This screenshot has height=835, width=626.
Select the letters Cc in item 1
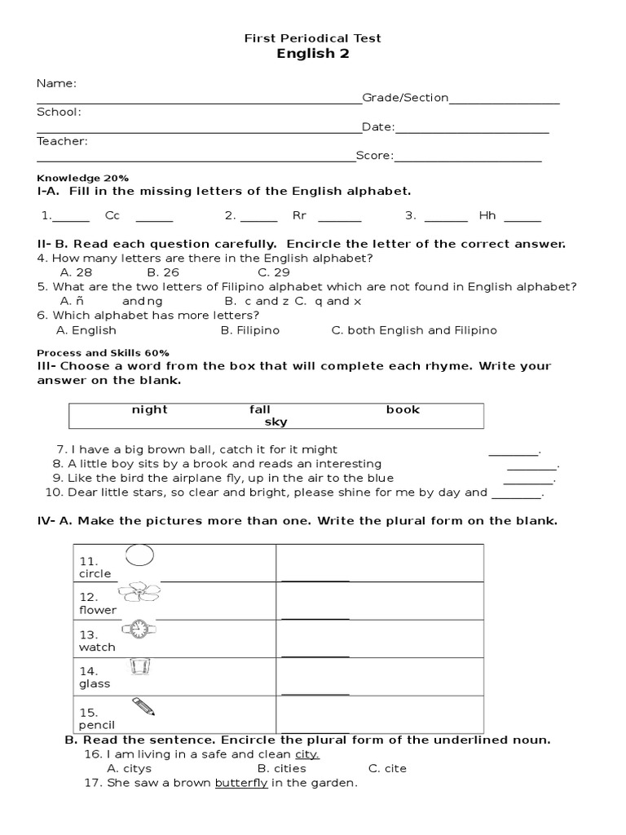click(112, 216)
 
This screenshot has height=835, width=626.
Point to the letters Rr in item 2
click(299, 216)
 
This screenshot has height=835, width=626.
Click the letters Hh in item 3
click(487, 216)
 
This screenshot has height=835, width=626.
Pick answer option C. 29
click(274, 272)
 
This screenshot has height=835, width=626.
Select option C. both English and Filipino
click(414, 330)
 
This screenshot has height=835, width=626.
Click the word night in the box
click(149, 409)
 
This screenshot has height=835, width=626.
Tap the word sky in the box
click(276, 422)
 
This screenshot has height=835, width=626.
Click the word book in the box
click(403, 409)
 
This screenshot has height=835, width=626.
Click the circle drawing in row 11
click(139, 555)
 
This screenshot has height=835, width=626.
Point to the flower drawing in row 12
click(139, 592)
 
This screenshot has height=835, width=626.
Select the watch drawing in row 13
click(139, 629)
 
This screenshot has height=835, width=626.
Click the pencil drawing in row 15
click(143, 705)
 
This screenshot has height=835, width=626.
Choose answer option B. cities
click(281, 768)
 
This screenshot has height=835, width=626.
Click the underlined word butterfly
click(241, 783)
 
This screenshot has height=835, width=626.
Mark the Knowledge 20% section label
click(83, 178)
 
